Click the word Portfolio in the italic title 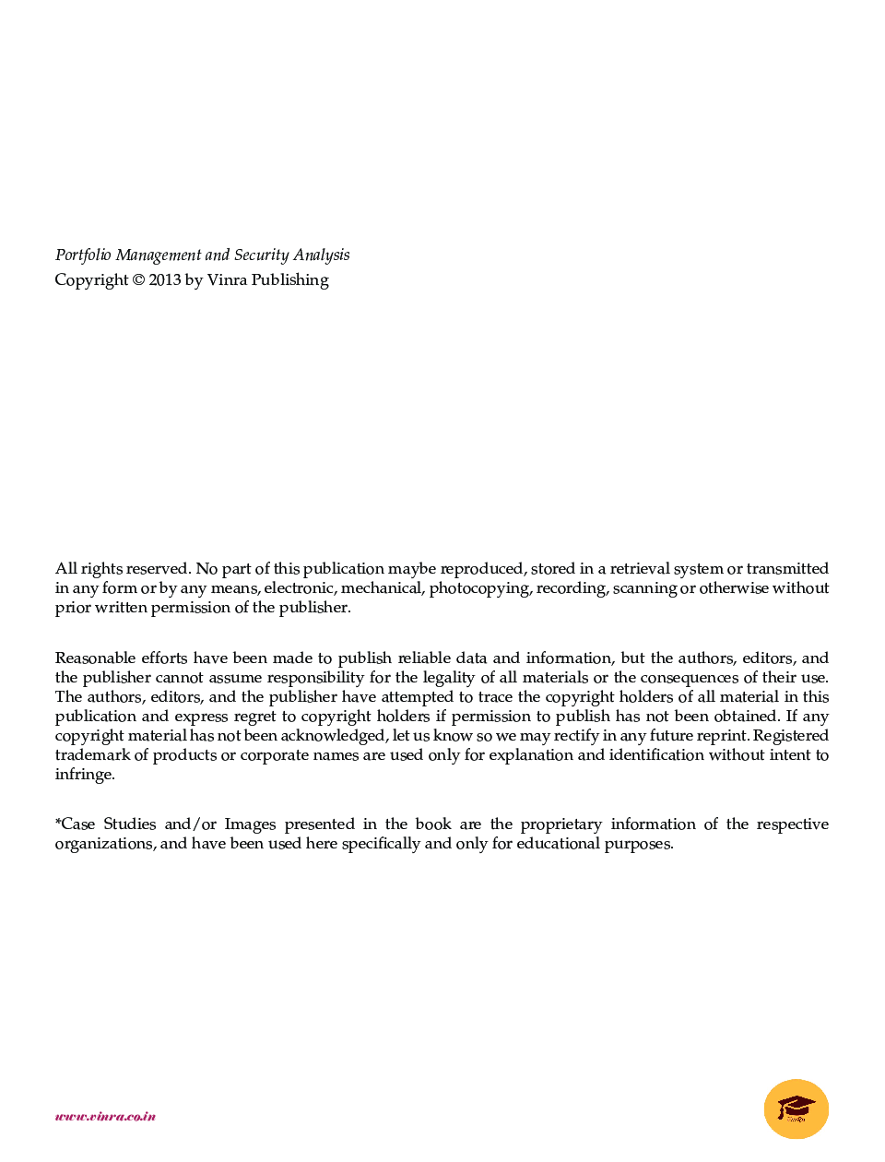click(x=83, y=255)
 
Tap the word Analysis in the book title click(x=321, y=255)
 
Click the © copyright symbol click(x=138, y=280)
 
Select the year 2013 click(x=165, y=280)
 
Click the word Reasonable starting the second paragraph click(x=94, y=658)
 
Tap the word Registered click(x=791, y=736)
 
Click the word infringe click(x=84, y=775)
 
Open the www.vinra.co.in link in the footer click(x=105, y=1117)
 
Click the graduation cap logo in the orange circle click(x=796, y=1109)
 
